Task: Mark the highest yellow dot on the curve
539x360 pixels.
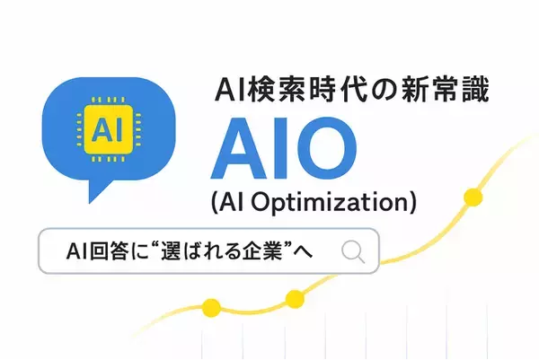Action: (472, 196)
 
